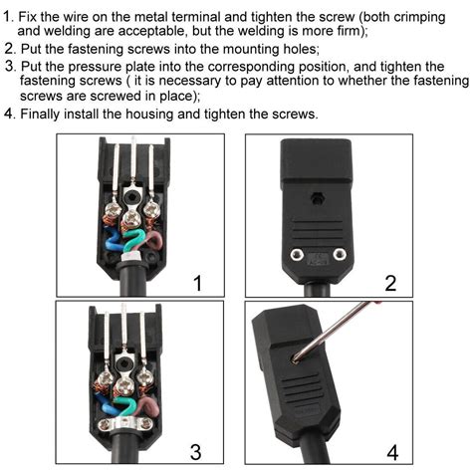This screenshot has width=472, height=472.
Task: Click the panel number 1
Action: pyautogui.click(x=196, y=284)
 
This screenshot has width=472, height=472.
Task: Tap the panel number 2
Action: pyautogui.click(x=390, y=284)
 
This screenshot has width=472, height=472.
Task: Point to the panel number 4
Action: pyautogui.click(x=390, y=451)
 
